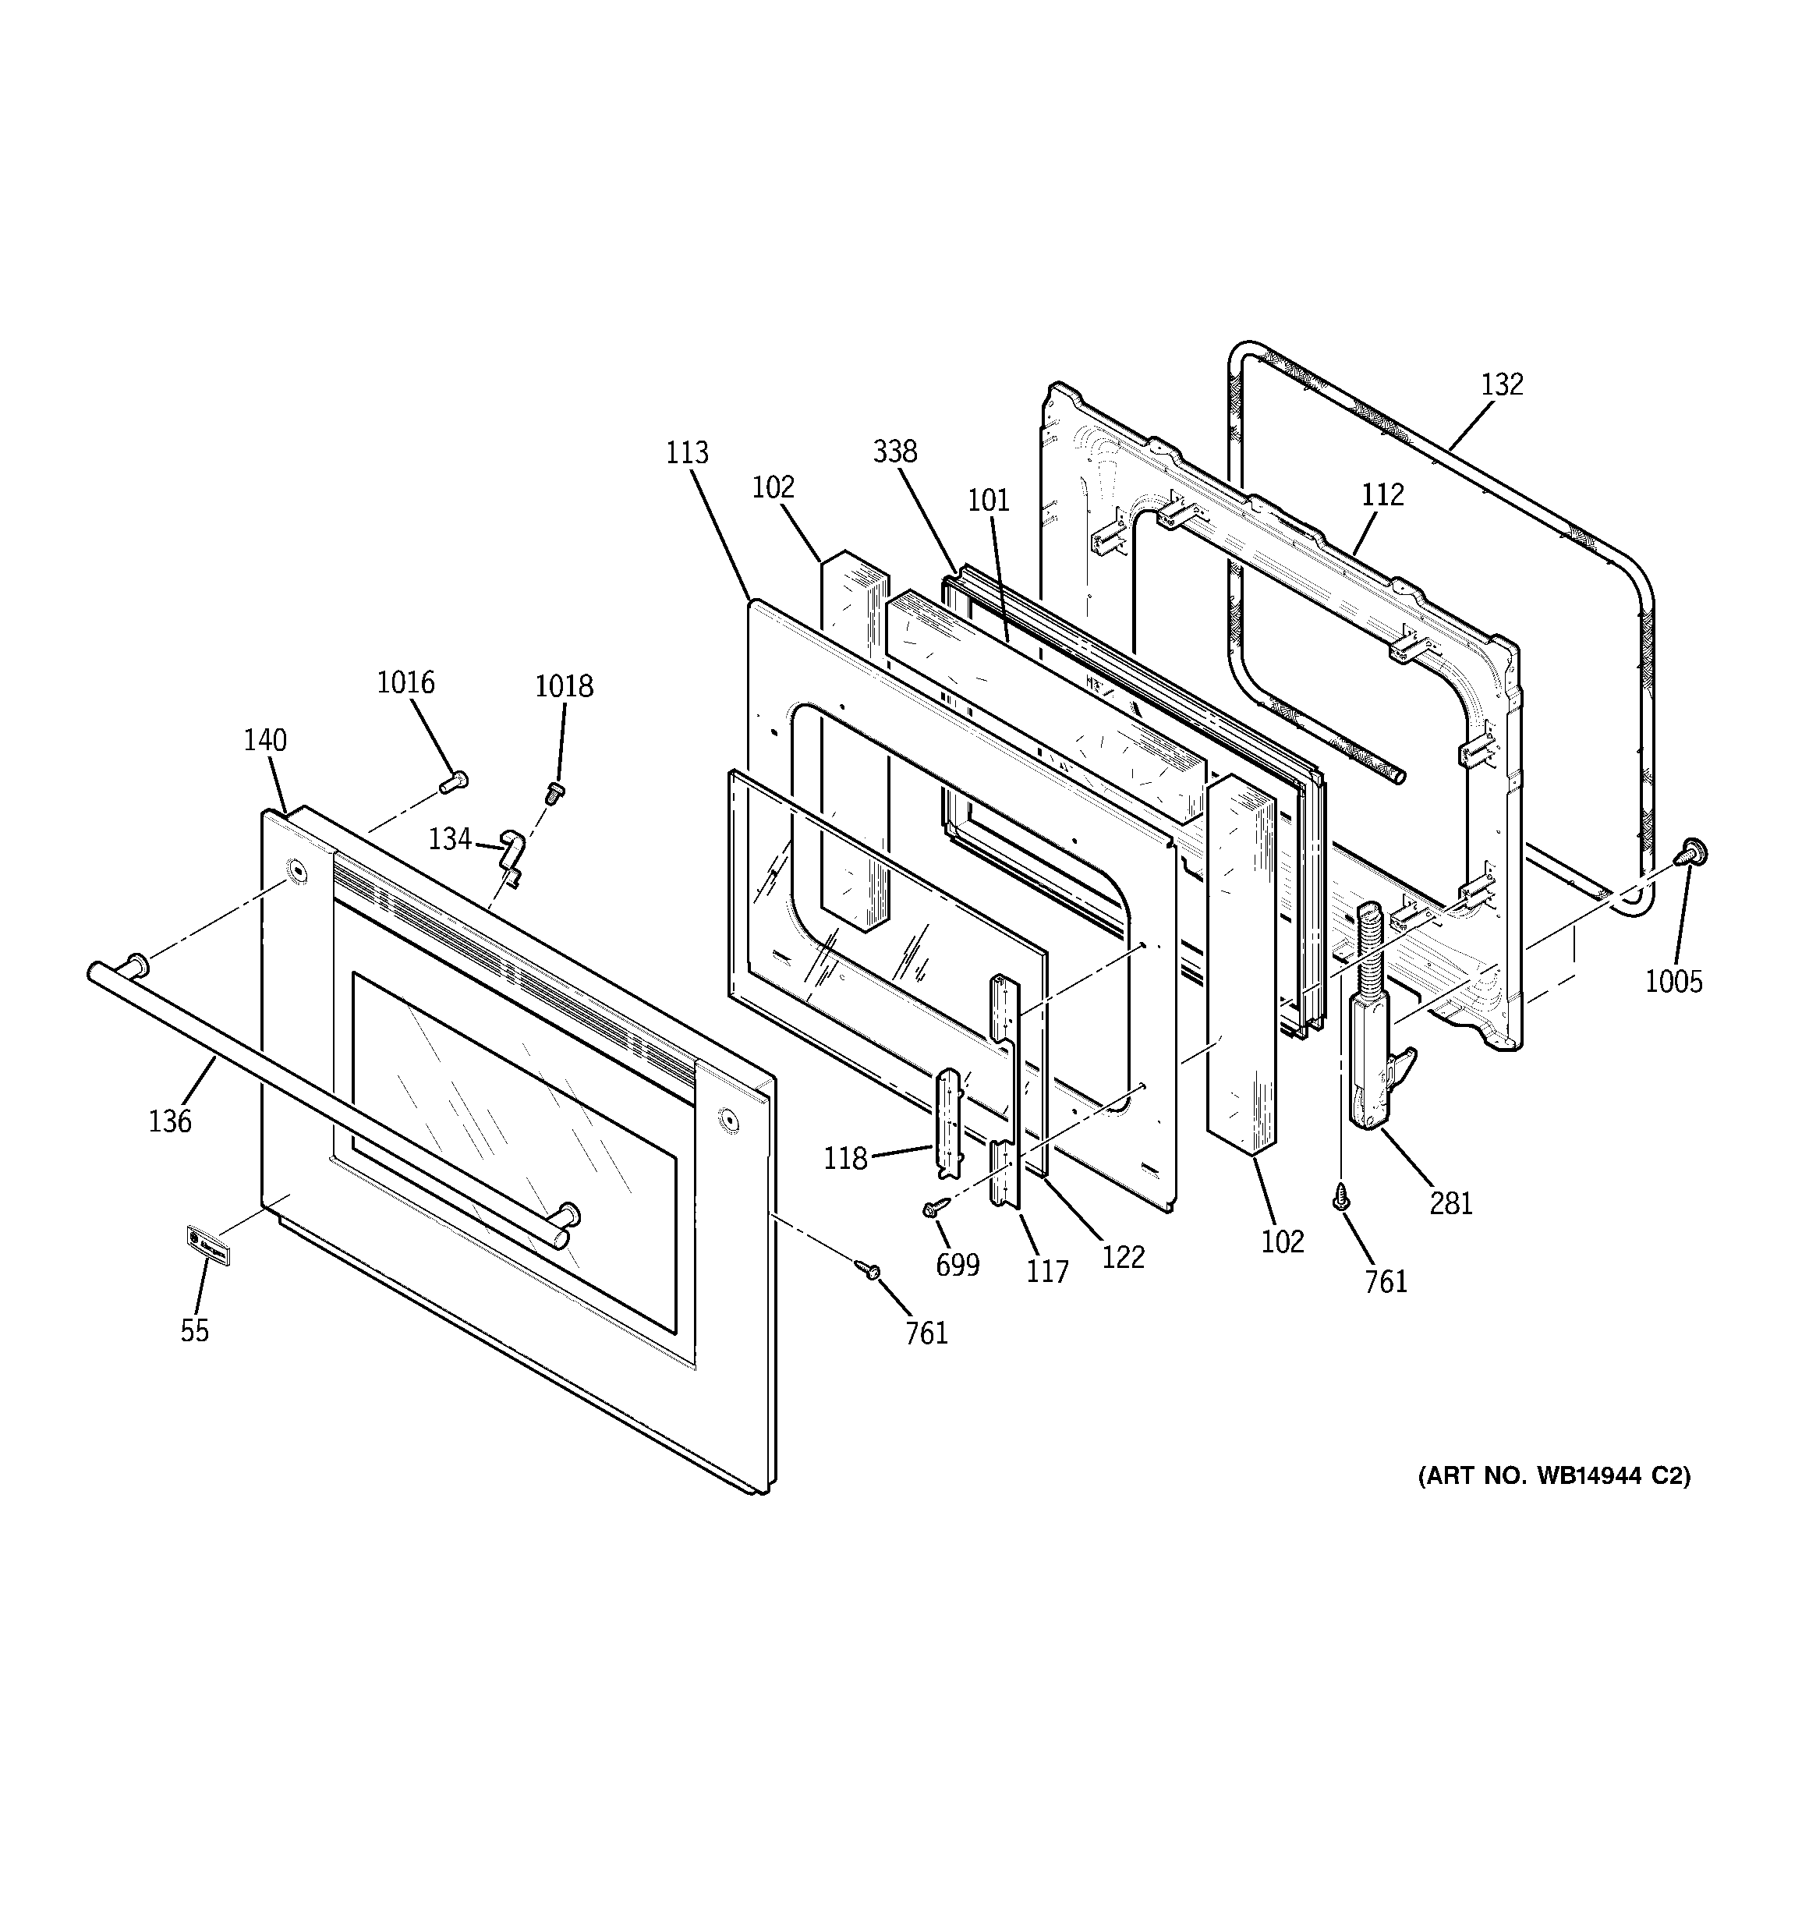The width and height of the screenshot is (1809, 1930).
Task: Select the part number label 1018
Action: [563, 687]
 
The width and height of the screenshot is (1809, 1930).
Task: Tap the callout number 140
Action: [265, 741]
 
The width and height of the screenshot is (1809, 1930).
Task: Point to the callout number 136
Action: [170, 1122]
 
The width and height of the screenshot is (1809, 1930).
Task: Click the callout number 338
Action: [894, 452]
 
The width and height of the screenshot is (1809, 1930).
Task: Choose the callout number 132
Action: [1502, 385]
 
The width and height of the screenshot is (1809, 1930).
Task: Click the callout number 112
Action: [1382, 495]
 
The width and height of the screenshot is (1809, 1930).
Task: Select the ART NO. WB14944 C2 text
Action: [1553, 1477]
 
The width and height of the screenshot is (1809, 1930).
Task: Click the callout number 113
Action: [688, 453]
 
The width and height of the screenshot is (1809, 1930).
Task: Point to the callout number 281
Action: [1450, 1204]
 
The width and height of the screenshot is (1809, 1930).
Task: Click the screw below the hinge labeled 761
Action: [1341, 1200]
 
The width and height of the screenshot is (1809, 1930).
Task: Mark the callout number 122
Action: [1123, 1257]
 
